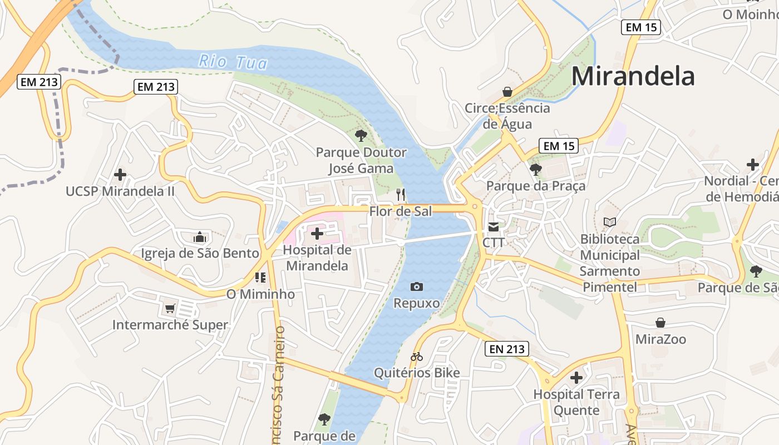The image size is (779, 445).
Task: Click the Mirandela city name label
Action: click(x=633, y=76)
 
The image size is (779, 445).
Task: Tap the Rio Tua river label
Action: click(x=233, y=61)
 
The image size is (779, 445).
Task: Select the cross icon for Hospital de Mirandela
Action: click(x=317, y=234)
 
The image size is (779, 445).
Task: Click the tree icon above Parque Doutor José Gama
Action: click(x=361, y=135)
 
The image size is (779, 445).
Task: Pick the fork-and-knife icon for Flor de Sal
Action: click(x=401, y=194)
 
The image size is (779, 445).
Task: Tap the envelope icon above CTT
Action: click(x=494, y=226)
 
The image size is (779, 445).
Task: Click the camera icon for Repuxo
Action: click(x=416, y=286)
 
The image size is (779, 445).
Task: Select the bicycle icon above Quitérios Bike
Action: click(x=417, y=356)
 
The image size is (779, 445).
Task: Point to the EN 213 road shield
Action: click(x=506, y=349)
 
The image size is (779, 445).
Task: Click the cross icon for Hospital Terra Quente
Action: click(x=576, y=378)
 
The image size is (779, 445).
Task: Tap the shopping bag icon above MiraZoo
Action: click(x=660, y=323)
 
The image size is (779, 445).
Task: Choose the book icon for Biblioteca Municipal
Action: click(x=610, y=222)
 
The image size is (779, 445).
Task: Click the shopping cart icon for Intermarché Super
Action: click(x=170, y=308)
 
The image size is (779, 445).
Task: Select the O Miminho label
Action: click(x=260, y=294)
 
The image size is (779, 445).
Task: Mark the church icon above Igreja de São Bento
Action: click(x=200, y=237)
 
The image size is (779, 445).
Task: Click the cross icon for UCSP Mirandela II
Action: click(x=120, y=175)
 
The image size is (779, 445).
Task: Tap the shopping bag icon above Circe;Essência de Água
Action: click(x=507, y=91)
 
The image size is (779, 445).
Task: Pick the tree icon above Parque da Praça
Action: click(x=536, y=169)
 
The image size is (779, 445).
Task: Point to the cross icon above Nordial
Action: click(x=753, y=165)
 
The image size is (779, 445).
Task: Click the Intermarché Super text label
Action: click(x=170, y=325)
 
